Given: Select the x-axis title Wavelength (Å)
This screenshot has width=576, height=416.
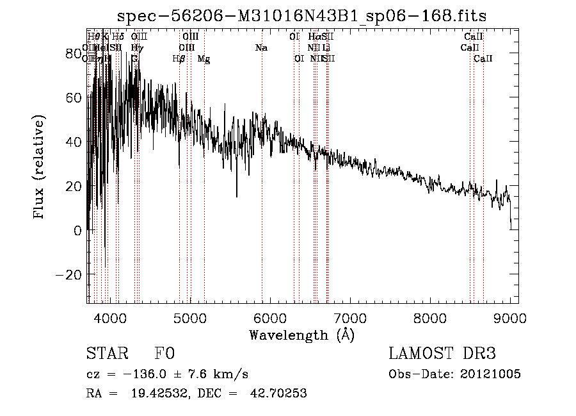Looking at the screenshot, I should click(301, 335).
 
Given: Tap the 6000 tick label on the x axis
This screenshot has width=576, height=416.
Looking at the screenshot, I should click(270, 317).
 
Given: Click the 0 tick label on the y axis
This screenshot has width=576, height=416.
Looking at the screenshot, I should click(78, 230).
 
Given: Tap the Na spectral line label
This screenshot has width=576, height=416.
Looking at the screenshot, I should click(261, 48).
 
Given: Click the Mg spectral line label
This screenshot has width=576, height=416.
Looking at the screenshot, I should click(203, 59).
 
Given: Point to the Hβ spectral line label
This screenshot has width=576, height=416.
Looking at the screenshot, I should click(179, 59).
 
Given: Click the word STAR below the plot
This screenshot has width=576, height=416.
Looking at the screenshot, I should click(106, 354).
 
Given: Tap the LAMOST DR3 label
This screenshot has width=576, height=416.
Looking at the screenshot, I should click(442, 354).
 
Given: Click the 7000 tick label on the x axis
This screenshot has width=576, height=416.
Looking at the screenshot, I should click(350, 317).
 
